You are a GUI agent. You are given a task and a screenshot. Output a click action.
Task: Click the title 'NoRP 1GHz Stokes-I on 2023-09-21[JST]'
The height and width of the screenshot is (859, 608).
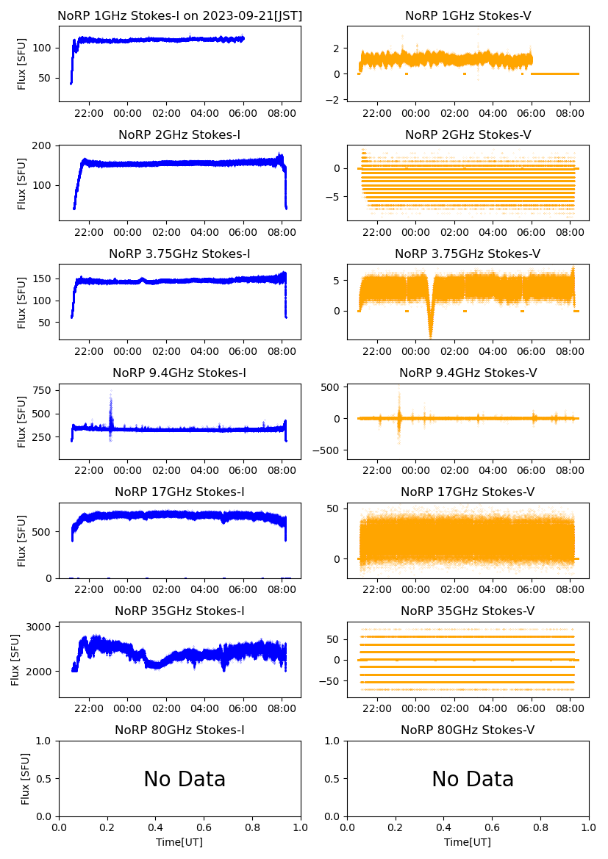179,15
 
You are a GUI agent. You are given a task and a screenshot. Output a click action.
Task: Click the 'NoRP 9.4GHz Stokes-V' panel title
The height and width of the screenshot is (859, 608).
468,373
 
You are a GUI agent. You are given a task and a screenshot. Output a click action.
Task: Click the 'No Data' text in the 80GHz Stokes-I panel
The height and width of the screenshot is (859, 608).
185,779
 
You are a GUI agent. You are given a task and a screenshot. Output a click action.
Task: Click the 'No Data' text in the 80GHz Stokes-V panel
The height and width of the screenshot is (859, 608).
473,779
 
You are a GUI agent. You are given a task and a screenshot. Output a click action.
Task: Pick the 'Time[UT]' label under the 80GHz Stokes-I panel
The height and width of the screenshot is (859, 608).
179,842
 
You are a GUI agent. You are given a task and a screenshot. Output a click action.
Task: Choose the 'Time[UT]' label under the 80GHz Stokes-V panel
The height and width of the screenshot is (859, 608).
468,842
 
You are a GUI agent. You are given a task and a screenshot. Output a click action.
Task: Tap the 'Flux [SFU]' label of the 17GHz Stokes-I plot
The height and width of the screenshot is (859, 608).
22,541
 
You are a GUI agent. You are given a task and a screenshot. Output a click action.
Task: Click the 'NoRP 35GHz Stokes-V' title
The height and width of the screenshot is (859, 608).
468,611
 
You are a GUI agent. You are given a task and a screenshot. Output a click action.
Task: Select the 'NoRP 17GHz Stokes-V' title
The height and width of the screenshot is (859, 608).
468,492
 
